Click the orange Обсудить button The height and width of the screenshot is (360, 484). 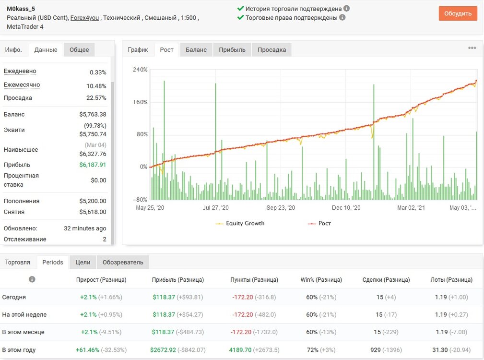[x=458, y=13]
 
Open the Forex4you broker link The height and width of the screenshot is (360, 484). [x=84, y=18]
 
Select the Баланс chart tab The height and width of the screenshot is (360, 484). [x=196, y=50]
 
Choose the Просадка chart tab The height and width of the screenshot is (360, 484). [x=272, y=50]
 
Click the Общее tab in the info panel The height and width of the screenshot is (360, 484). [x=79, y=50]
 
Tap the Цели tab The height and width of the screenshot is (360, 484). [x=83, y=262]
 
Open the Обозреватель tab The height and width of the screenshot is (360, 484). [x=123, y=262]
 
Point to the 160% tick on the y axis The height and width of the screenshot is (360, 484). [x=140, y=102]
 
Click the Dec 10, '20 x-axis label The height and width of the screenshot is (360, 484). [x=346, y=208]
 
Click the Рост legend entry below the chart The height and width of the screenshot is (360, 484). [x=319, y=223]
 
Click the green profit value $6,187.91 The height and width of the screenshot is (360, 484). [x=93, y=165]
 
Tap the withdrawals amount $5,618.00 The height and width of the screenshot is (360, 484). [x=93, y=212]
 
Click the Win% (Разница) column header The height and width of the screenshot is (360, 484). [x=321, y=280]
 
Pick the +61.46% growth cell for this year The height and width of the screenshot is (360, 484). [x=88, y=350]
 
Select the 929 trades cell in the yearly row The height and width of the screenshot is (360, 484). [x=375, y=350]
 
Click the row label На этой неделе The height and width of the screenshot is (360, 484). [x=24, y=314]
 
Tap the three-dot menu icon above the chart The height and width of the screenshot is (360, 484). [x=472, y=48]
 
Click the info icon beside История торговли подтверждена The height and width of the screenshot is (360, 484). [x=347, y=8]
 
